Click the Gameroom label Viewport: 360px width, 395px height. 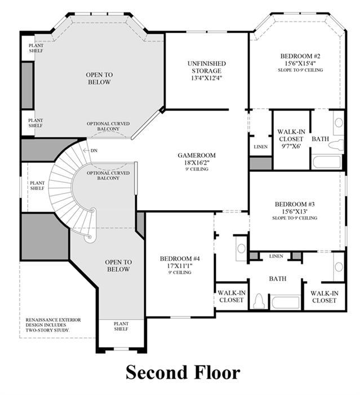pos(197,155)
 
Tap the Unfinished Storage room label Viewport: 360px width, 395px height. pos(207,67)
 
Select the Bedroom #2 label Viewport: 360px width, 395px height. pos(300,56)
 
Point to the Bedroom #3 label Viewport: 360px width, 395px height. pos(295,204)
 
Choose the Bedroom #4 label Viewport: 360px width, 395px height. pos(180,259)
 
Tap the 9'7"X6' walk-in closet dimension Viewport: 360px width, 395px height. pos(291,146)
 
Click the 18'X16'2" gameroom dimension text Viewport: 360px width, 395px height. pos(197,162)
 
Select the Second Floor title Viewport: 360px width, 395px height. pos(183,372)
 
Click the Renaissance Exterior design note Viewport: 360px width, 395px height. pos(53,325)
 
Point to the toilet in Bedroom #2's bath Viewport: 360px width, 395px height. pos(336,145)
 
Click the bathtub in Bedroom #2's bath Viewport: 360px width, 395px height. pos(327,162)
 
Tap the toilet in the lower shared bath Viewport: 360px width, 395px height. pos(259,301)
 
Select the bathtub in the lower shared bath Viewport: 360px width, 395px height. pos(285,302)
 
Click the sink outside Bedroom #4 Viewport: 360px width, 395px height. pos(241,248)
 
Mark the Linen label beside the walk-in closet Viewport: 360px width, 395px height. pos(261,147)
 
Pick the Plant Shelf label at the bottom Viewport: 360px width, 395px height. pos(121,326)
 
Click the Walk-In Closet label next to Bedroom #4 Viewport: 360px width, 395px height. pos(231,296)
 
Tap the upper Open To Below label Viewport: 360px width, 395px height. pos(99,78)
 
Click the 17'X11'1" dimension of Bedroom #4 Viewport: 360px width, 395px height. pos(180,265)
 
